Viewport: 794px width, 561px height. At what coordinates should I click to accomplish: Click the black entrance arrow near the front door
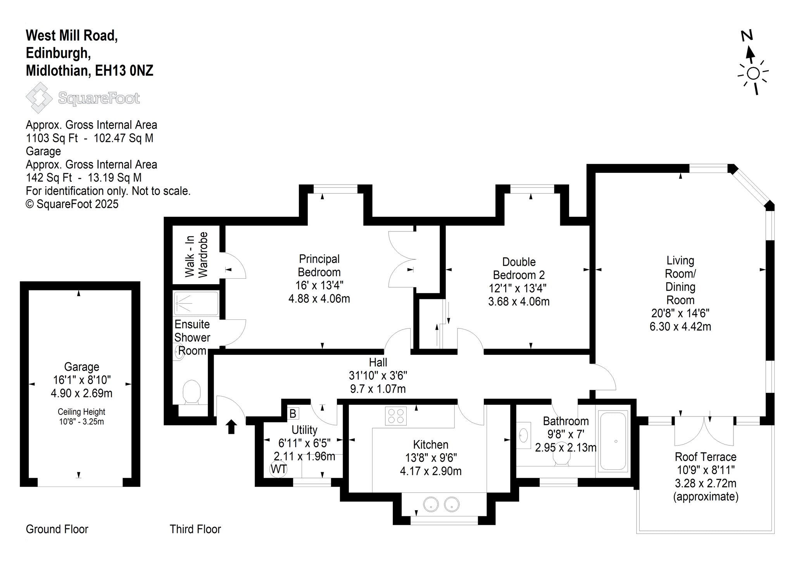tap(231, 426)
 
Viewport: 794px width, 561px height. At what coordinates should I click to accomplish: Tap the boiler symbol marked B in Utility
tap(293, 414)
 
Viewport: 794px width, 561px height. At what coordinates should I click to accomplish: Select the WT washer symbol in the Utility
tap(278, 469)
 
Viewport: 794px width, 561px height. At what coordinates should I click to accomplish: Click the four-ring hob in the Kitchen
tap(396, 416)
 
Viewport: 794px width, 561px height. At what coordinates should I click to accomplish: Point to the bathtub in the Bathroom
tap(613, 441)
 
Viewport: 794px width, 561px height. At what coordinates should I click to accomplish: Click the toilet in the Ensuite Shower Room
tap(191, 392)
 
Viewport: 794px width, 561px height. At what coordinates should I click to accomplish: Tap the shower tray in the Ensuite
tap(196, 304)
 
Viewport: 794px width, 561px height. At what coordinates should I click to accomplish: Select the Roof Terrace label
tap(706, 457)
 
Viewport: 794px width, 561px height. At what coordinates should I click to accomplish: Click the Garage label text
tap(81, 367)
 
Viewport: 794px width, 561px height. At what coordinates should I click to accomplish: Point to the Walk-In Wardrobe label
tap(196, 255)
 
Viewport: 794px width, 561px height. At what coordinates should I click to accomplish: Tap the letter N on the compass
tap(747, 36)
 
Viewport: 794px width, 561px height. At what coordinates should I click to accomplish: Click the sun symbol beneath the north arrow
tap(753, 74)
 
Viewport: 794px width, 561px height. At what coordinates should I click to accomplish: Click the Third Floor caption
tap(195, 529)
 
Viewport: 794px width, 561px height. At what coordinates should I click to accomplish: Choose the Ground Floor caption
tap(57, 529)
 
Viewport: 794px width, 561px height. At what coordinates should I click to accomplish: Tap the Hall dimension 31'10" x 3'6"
tap(378, 375)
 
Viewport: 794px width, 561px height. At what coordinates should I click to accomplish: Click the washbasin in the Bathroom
tap(523, 435)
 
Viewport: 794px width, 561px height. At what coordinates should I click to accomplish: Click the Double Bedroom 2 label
tap(519, 268)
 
